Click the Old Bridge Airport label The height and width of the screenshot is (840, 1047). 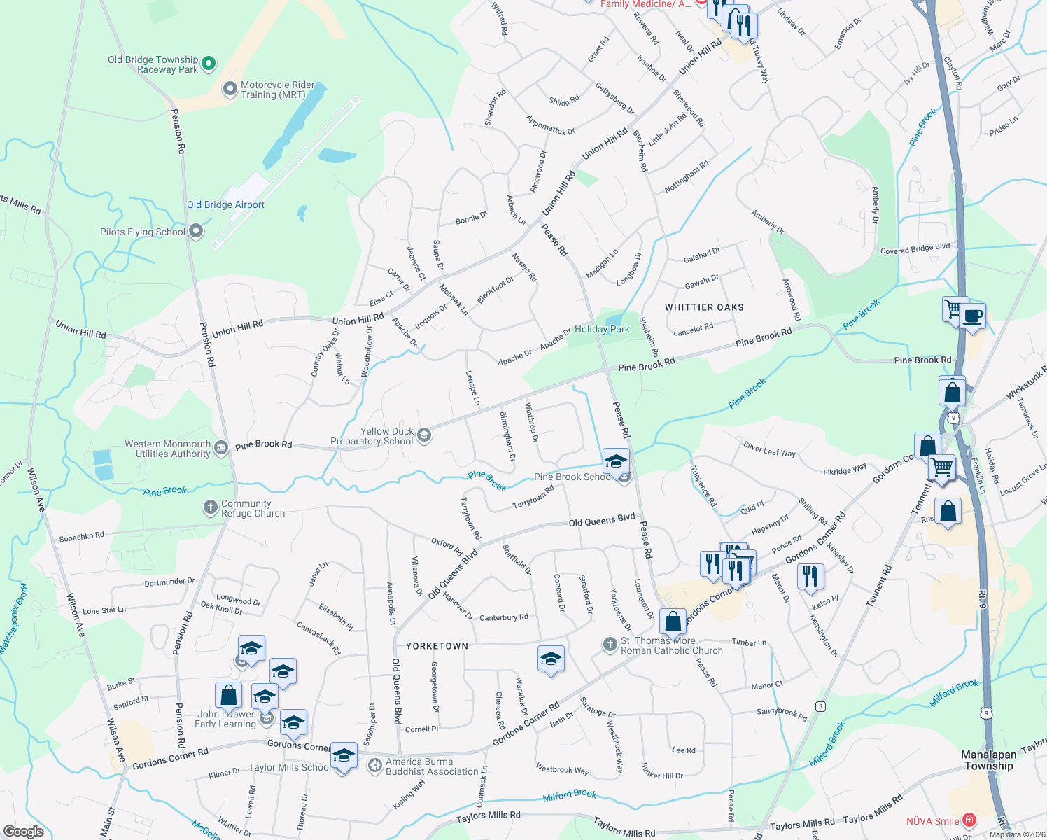[x=225, y=205]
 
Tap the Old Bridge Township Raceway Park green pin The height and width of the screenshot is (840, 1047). [x=209, y=64]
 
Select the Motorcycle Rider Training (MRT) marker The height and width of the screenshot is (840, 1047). [x=230, y=90]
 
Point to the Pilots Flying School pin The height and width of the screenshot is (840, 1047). [x=197, y=231]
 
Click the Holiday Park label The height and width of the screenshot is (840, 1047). [x=602, y=329]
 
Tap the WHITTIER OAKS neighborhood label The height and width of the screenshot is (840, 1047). [x=704, y=307]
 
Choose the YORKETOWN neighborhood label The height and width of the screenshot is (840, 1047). [x=437, y=646]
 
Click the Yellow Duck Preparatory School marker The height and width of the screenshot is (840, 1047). [x=423, y=436]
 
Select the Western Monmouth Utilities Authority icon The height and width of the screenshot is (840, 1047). [x=221, y=448]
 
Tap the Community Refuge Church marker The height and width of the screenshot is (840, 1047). [x=211, y=507]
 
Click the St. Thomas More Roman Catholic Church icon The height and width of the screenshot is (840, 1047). [x=610, y=644]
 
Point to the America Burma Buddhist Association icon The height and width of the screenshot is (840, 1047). [x=375, y=766]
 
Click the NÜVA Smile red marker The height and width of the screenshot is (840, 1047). [x=969, y=820]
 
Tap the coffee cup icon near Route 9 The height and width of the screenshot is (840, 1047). [x=972, y=316]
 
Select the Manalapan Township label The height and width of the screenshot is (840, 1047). [x=988, y=760]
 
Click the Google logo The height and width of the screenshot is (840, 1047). [x=23, y=831]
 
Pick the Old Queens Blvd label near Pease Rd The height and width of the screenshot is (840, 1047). [x=601, y=520]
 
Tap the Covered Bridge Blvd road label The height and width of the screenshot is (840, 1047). [x=915, y=249]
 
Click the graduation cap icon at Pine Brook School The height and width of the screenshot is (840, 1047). [x=615, y=462]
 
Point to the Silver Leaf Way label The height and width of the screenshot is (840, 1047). [x=769, y=449]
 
